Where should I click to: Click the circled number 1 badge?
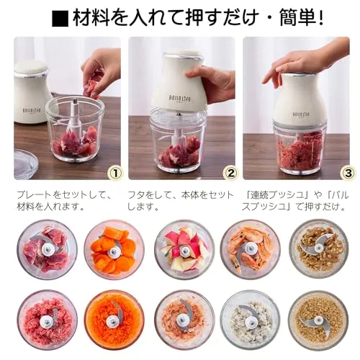click(x=116, y=173)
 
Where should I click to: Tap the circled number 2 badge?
click(x=230, y=173)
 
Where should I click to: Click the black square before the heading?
click(x=60, y=19)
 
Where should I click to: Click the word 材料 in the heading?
click(x=91, y=18)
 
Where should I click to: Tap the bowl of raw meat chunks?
click(x=47, y=249)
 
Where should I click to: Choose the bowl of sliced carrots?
click(x=114, y=249)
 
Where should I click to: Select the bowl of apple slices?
click(x=184, y=249)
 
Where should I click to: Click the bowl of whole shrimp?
click(x=250, y=249)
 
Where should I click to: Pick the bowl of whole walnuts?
click(x=318, y=248)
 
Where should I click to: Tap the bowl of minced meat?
click(x=47, y=320)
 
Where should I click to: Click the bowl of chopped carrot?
click(x=114, y=320)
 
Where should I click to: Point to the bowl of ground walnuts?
click(x=318, y=320)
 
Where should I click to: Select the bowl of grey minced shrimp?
click(x=250, y=320)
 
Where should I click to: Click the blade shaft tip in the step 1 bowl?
click(x=76, y=101)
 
